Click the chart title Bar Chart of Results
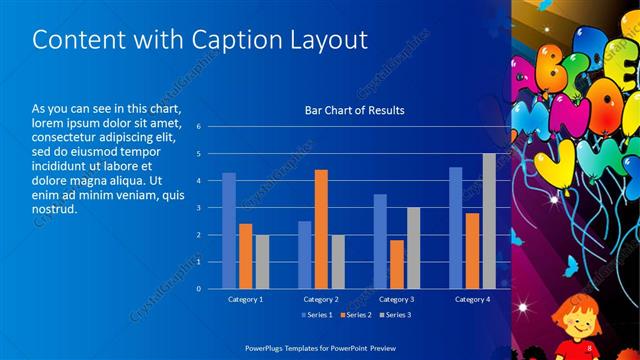tap(354, 110)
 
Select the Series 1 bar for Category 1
tap(229, 230)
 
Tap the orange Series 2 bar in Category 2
tap(321, 229)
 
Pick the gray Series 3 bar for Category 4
tap(488, 221)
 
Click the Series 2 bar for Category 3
tap(396, 264)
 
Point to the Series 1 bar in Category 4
tap(456, 227)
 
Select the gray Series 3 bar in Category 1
tap(262, 261)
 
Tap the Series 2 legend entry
tap(357, 315)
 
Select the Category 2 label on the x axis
tap(321, 299)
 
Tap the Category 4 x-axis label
tap(472, 299)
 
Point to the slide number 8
tap(590, 347)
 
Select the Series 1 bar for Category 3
tap(380, 241)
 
